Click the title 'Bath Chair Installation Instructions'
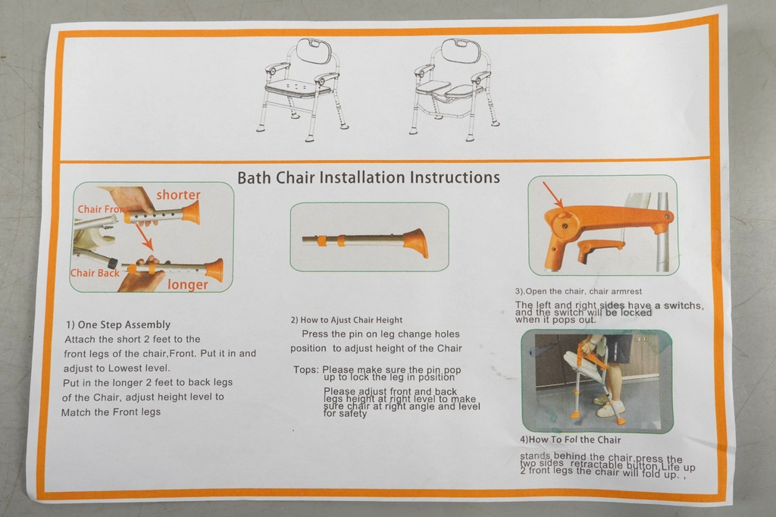[368, 178]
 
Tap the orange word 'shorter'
[178, 195]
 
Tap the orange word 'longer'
[187, 285]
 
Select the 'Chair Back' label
[94, 273]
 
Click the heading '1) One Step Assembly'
[118, 324]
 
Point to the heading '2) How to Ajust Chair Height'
[346, 320]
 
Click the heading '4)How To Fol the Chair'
[570, 440]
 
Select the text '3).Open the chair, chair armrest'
[580, 292]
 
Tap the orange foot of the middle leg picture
[415, 243]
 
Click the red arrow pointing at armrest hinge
[552, 194]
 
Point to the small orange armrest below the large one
[598, 249]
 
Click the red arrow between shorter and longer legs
[143, 237]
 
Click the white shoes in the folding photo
[609, 409]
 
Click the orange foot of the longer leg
[214, 269]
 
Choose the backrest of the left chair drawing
[314, 52]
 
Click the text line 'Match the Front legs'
[111, 412]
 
